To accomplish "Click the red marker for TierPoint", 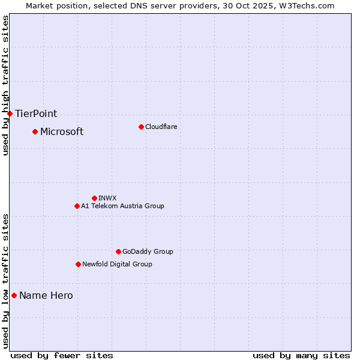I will click(x=10, y=113).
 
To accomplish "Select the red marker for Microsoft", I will click(x=35, y=131).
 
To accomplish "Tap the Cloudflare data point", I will click(x=141, y=127).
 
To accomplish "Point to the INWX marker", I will click(x=94, y=198).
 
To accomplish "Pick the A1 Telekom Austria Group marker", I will click(x=77, y=206).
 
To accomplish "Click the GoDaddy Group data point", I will click(x=118, y=251).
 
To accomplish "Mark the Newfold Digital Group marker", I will click(x=78, y=264).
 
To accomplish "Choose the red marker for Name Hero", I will click(x=14, y=295).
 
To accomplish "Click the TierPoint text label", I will click(x=36, y=113).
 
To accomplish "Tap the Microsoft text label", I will click(x=62, y=131).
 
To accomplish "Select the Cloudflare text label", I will click(x=161, y=127).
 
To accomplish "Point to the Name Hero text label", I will click(x=46, y=295).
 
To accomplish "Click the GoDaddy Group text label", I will click(x=148, y=251).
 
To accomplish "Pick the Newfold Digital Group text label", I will click(x=117, y=264).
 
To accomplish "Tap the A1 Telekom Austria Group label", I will click(x=122, y=206).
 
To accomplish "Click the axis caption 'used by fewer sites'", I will click(x=62, y=355).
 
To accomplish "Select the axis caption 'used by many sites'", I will click(x=301, y=355).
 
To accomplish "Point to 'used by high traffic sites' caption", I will click(x=5, y=85).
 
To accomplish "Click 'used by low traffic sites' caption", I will click(x=5, y=281).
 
